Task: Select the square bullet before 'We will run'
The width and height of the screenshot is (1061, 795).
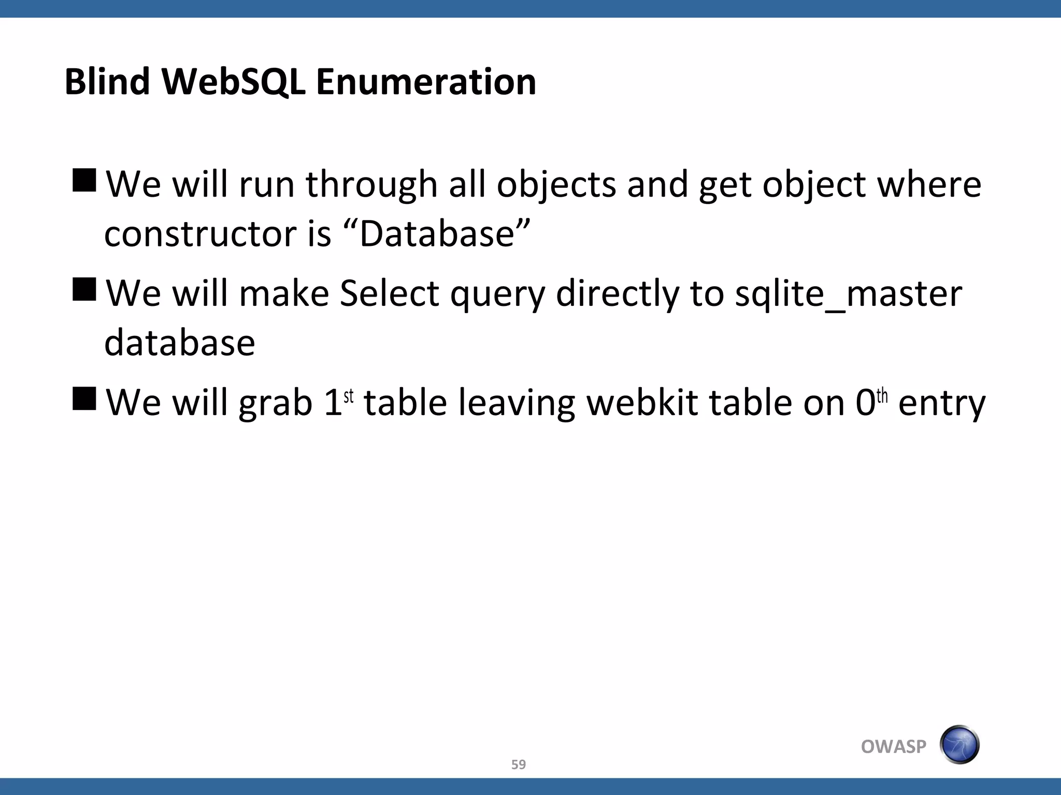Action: pos(84,180)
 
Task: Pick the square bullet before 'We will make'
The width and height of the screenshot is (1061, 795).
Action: pos(84,289)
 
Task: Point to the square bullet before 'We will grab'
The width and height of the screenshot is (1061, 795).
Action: pos(84,398)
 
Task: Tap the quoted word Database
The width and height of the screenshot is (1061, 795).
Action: pos(437,234)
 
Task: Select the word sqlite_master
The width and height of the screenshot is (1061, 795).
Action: pos(849,293)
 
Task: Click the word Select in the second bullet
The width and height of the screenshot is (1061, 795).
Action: pos(389,293)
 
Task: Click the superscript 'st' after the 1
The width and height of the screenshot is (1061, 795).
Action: pos(349,396)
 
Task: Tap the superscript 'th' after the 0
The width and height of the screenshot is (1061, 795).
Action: pos(882,396)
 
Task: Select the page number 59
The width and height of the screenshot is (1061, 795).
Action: pos(518,764)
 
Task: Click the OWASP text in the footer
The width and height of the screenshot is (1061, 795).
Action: pos(893,746)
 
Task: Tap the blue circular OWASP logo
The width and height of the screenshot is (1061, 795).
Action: pos(959,745)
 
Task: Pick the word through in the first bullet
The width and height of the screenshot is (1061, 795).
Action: pos(371,184)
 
